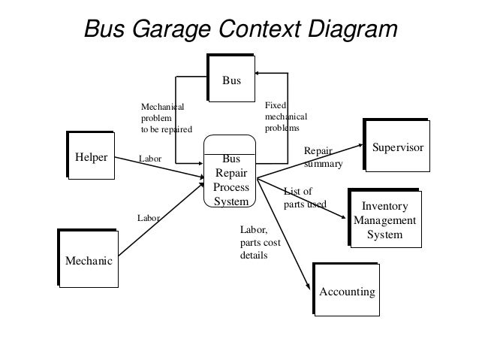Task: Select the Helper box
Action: [x=91, y=159]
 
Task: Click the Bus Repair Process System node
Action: [x=231, y=180]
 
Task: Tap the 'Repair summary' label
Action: [x=322, y=157]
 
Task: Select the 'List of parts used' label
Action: [x=303, y=197]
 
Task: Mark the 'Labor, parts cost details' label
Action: [x=258, y=242]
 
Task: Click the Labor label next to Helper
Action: [x=151, y=159]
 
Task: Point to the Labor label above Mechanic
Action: [x=149, y=217]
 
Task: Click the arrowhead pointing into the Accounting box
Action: [x=307, y=286]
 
